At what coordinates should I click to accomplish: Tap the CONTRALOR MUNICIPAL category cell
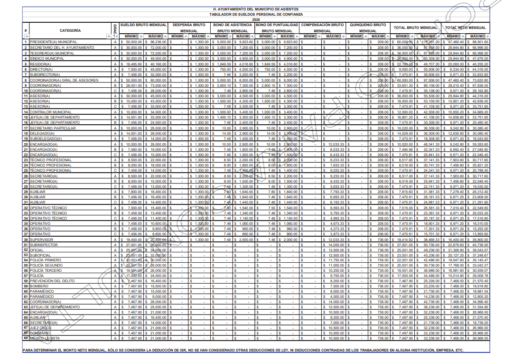click(x=48, y=112)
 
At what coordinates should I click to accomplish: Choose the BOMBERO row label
click(x=39, y=286)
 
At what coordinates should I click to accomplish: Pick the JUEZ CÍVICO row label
click(x=41, y=327)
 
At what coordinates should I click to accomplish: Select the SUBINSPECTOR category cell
click(x=44, y=245)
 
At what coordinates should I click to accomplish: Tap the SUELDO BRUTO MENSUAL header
click(x=143, y=24)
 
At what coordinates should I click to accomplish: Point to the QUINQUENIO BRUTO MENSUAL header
click(x=367, y=27)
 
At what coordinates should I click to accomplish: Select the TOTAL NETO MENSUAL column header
click(x=466, y=28)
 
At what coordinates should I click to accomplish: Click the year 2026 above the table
click(x=257, y=19)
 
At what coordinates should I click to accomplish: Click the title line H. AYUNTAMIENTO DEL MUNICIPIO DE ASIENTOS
click(x=257, y=9)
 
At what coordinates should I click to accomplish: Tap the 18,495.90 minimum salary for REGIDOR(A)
click(x=132, y=64)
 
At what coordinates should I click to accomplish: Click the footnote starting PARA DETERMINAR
click(x=243, y=351)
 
